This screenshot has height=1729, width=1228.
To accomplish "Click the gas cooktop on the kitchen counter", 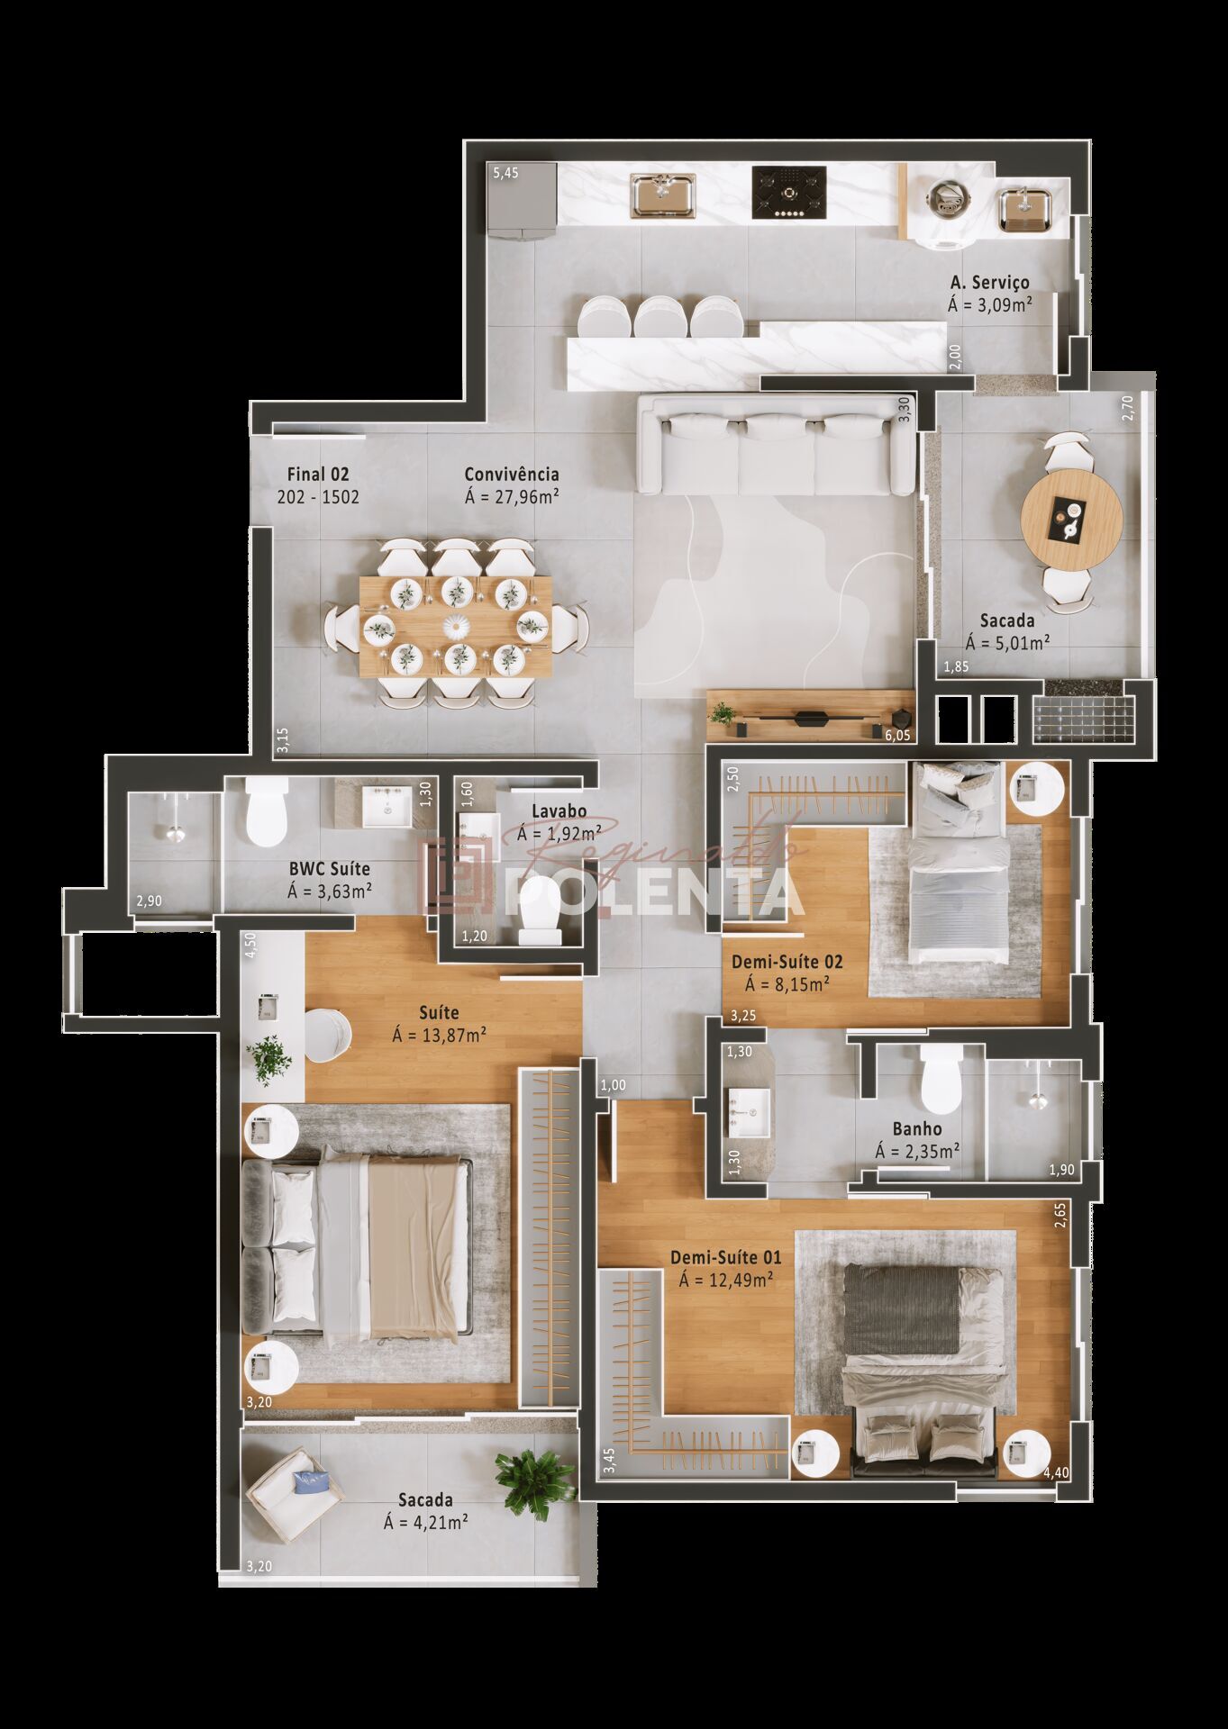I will (x=789, y=192).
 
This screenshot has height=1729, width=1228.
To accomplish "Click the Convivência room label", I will (x=512, y=474).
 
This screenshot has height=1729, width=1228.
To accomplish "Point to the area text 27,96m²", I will (x=512, y=495).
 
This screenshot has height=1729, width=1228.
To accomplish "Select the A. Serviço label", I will (x=988, y=283).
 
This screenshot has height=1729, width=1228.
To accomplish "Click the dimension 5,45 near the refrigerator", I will (x=505, y=174).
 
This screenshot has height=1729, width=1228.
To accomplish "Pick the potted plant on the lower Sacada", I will (x=535, y=1484).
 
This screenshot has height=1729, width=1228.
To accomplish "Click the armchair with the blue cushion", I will (x=294, y=1496).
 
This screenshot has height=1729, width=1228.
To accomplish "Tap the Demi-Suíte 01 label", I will (x=725, y=1258).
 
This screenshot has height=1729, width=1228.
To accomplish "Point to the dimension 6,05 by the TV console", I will (x=898, y=736).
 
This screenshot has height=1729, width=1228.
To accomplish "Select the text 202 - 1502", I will (x=318, y=496).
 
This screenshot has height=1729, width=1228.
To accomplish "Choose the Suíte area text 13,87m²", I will (x=440, y=1035).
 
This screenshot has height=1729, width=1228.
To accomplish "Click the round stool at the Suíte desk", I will (x=326, y=1036).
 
